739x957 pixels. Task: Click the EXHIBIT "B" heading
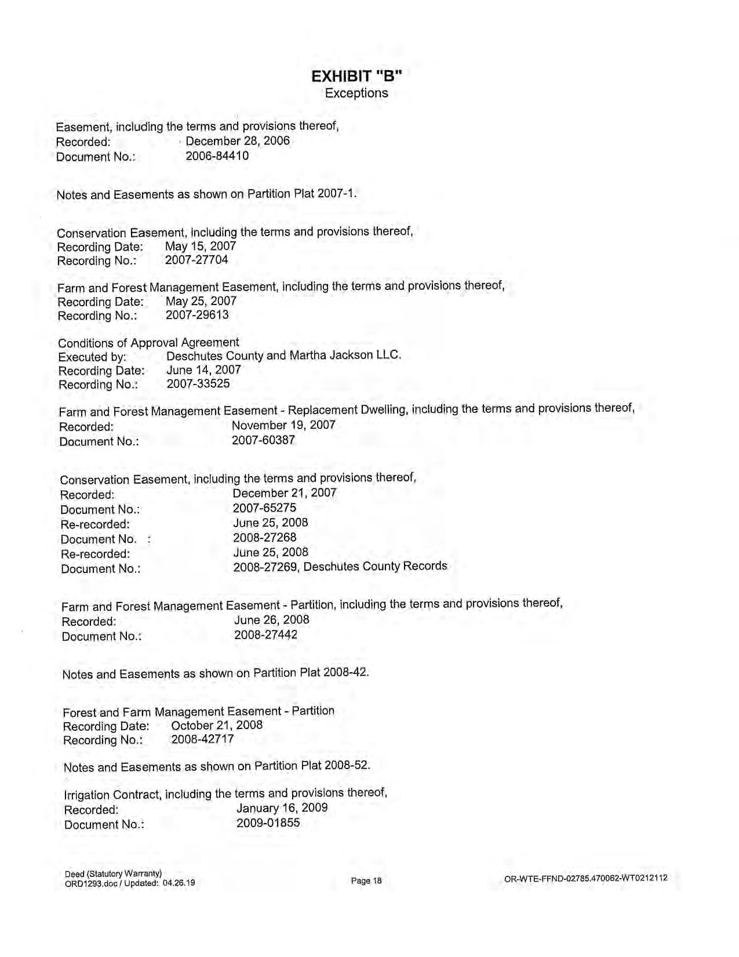click(x=356, y=77)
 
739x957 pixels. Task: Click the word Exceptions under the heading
click(x=356, y=93)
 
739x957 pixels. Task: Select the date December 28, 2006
click(x=238, y=141)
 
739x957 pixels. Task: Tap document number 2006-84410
click(x=217, y=156)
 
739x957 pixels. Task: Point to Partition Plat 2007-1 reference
click(x=301, y=193)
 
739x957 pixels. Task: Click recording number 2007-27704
click(x=196, y=260)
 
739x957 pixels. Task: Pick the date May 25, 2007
click(x=201, y=301)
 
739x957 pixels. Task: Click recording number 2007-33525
click(x=198, y=383)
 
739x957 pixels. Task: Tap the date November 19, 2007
click(x=283, y=425)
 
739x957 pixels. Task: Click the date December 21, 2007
click(x=284, y=493)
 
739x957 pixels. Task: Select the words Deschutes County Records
click(x=375, y=566)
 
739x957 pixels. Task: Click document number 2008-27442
click(x=265, y=635)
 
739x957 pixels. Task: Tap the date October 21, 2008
click(x=217, y=725)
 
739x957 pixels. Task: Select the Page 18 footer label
click(x=366, y=881)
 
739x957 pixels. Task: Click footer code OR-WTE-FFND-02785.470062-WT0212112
click(x=586, y=878)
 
